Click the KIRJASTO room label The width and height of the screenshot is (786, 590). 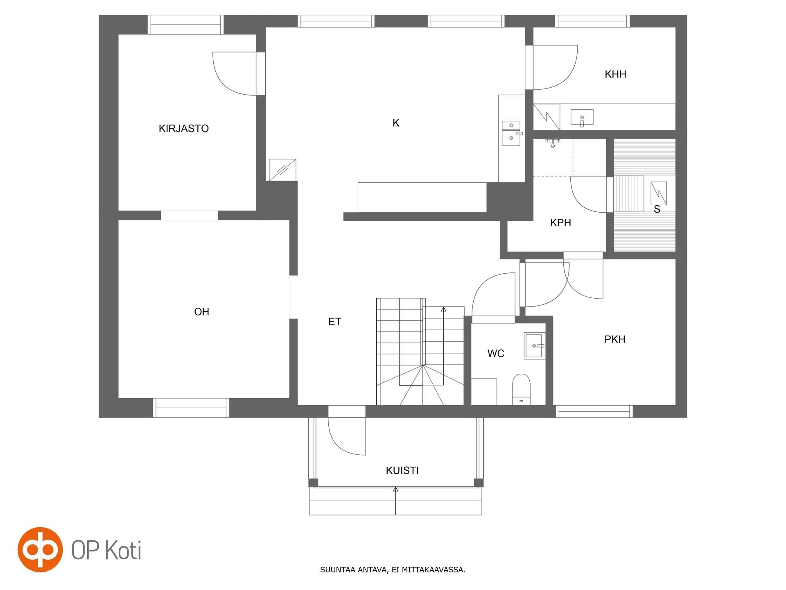pyautogui.click(x=184, y=129)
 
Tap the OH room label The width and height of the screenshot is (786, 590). pyautogui.click(x=202, y=312)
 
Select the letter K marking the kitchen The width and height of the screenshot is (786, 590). pyautogui.click(x=396, y=123)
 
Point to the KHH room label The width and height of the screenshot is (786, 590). pyautogui.click(x=615, y=74)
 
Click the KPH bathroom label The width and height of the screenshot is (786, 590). pyautogui.click(x=560, y=223)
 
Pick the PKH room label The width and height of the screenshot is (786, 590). pyautogui.click(x=615, y=339)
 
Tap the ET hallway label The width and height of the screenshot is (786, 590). pyautogui.click(x=335, y=322)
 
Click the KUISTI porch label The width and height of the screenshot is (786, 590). pyautogui.click(x=402, y=470)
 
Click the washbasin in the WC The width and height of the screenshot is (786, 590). pyautogui.click(x=535, y=346)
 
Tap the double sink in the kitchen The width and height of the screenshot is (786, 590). pyautogui.click(x=512, y=133)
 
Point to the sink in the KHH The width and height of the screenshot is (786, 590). pyautogui.click(x=582, y=118)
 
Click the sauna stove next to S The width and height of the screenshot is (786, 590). pyautogui.click(x=658, y=193)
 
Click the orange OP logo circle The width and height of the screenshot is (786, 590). pyautogui.click(x=40, y=549)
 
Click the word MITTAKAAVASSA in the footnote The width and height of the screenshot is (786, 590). pyautogui.click(x=434, y=570)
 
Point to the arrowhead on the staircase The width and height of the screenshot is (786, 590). pyautogui.click(x=443, y=309)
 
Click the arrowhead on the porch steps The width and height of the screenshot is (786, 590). pyautogui.click(x=395, y=489)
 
